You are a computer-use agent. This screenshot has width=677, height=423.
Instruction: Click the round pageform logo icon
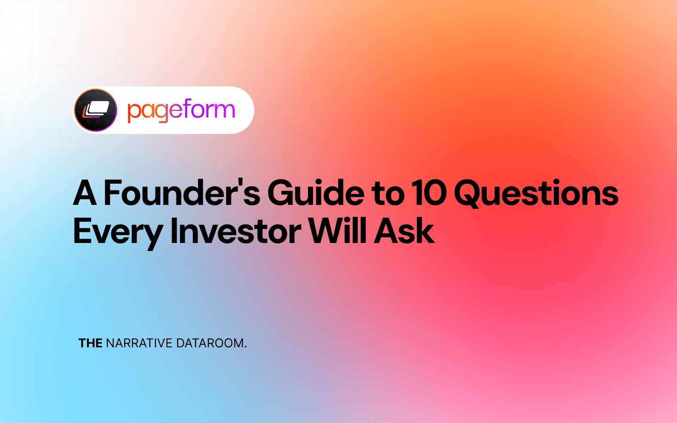click(96, 110)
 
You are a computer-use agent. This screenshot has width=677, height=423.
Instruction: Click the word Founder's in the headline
click(181, 193)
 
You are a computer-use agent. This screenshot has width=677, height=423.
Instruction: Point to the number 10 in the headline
click(428, 193)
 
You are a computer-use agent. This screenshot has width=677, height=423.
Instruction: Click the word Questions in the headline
click(536, 193)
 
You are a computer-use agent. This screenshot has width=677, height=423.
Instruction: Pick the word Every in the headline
click(118, 232)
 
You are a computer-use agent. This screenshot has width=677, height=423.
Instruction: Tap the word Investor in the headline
click(236, 231)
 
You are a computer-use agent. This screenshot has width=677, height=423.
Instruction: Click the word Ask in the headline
click(404, 231)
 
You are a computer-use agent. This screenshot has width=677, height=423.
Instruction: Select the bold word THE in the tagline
click(90, 343)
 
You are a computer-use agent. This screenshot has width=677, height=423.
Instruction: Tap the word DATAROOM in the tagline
click(210, 343)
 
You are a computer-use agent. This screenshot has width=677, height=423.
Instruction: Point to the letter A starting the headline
click(85, 193)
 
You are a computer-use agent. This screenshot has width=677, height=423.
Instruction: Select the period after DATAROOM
click(245, 347)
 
